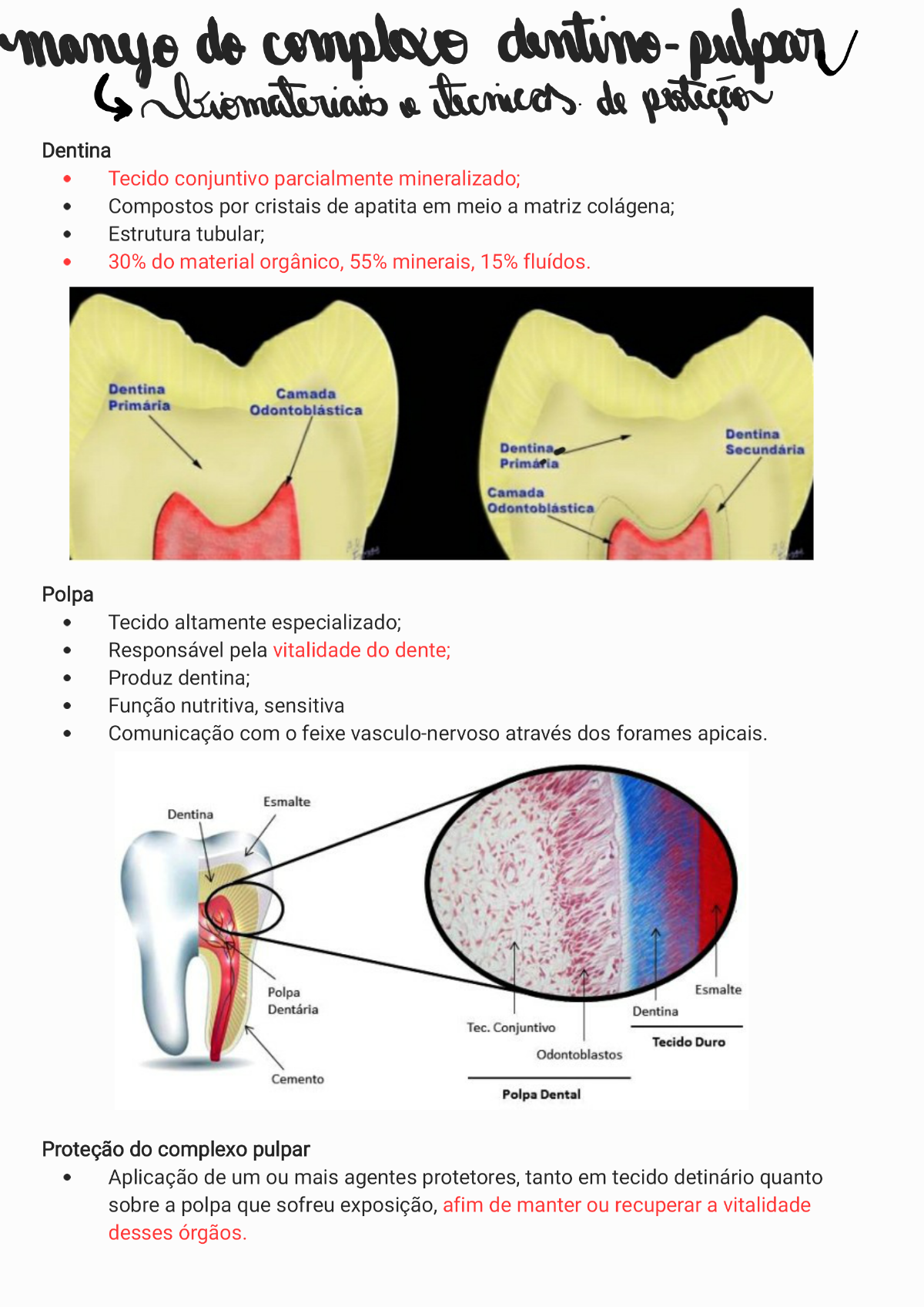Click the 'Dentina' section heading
(76, 150)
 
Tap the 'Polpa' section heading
(68, 594)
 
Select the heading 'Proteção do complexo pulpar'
(176, 1149)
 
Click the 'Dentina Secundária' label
(764, 442)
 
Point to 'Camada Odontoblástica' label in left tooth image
(306, 402)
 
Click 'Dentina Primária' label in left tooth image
(139, 397)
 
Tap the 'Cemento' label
(297, 1079)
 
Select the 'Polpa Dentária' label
(293, 1000)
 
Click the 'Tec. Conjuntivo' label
(511, 1027)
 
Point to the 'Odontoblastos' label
(579, 1054)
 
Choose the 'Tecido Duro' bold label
(688, 1042)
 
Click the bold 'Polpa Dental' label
(541, 1094)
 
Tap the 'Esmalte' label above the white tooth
(286, 801)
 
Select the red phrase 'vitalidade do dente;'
(361, 650)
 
